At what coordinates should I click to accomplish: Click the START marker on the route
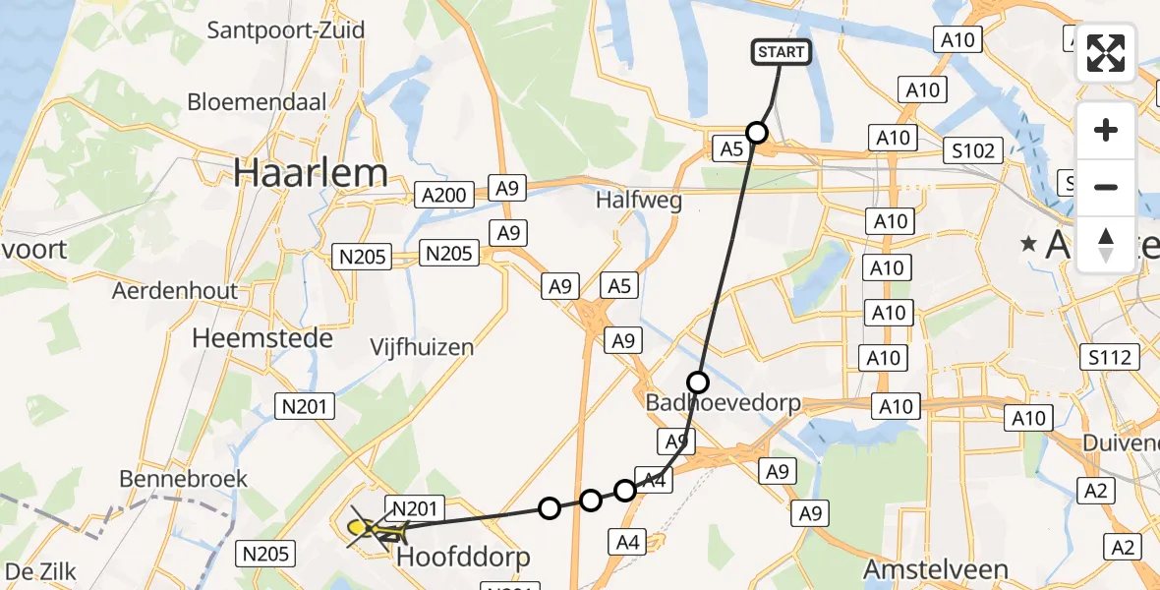point(782,52)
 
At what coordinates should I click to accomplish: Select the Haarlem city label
point(311,173)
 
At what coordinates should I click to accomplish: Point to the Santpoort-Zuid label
point(285,29)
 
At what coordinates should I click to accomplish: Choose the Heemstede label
point(262,337)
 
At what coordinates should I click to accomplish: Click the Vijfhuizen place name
point(422,346)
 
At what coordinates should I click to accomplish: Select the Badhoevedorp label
point(723,403)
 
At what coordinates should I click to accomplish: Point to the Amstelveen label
point(935,569)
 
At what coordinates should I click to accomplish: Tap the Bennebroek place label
point(183,479)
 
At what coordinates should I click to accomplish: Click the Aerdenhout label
point(175,291)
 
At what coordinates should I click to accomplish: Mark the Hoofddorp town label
point(463,558)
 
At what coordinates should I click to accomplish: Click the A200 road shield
point(442,195)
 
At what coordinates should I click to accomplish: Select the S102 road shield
point(972,150)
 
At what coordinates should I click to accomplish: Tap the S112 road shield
point(1108,356)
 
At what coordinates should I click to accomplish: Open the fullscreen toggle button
point(1106,53)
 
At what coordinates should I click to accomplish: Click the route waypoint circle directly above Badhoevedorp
point(697,382)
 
